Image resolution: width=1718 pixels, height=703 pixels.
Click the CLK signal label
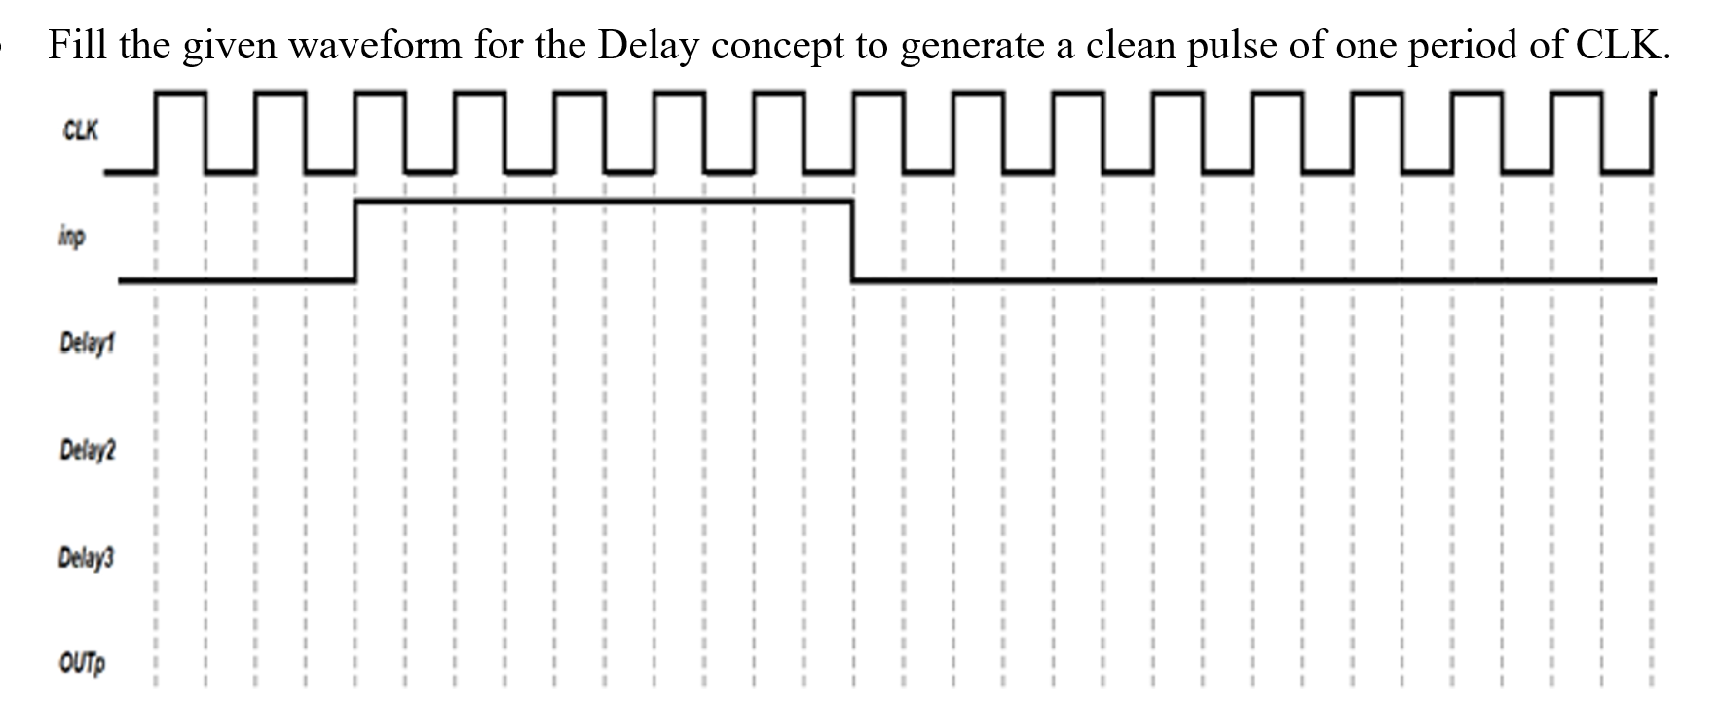click(80, 130)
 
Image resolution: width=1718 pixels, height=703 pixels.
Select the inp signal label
click(70, 237)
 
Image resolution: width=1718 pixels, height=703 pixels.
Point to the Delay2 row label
click(87, 451)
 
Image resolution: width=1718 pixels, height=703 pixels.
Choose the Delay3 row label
click(87, 559)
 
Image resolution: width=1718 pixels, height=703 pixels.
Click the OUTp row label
click(82, 664)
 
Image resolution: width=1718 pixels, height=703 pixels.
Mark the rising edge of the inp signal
click(355, 240)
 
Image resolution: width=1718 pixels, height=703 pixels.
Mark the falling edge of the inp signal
click(852, 240)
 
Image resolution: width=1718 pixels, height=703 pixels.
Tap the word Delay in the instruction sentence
click(647, 45)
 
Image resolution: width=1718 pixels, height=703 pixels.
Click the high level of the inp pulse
click(604, 202)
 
